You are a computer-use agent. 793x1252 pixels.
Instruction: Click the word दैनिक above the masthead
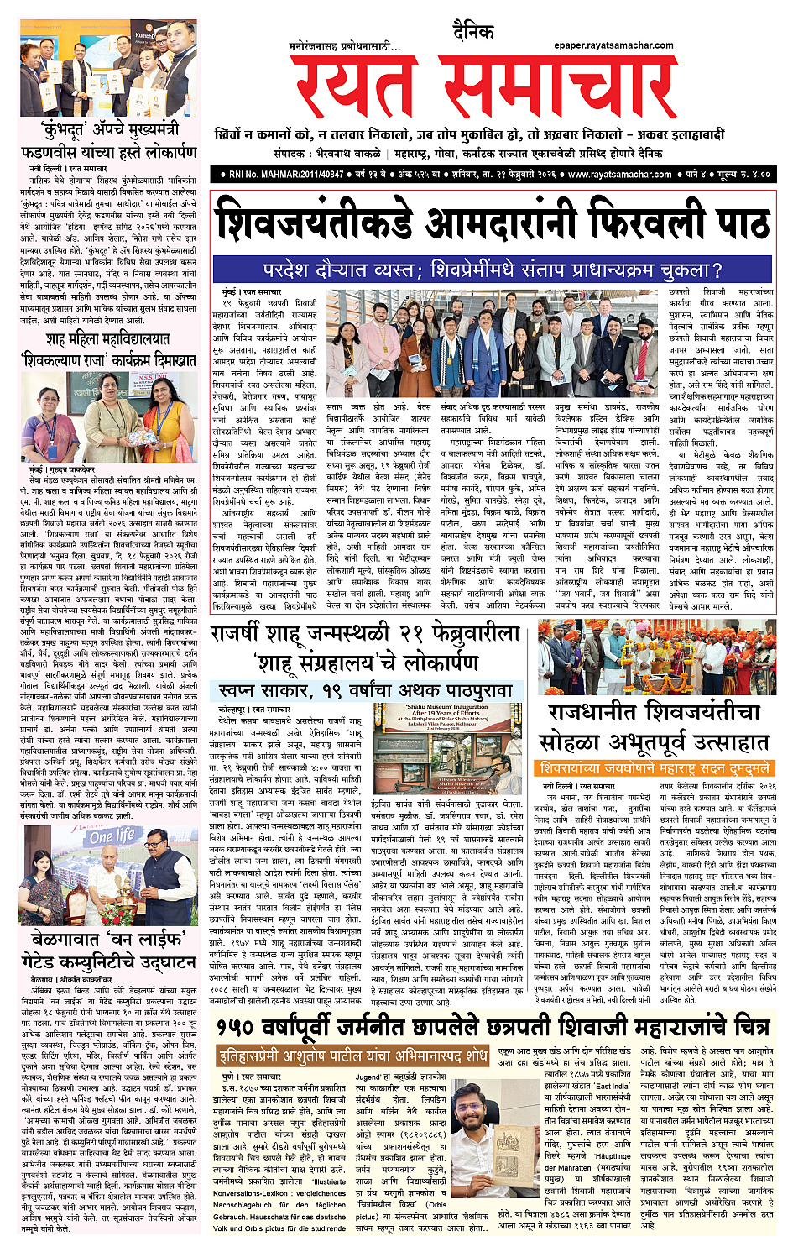(472, 32)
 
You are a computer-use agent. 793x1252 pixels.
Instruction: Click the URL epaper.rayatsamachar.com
(613, 45)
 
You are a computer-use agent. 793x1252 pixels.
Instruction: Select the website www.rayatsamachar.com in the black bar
(620, 175)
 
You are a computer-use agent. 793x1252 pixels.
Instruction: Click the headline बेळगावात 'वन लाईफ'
(108, 938)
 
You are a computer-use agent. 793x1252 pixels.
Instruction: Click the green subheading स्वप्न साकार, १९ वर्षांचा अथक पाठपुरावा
(365, 690)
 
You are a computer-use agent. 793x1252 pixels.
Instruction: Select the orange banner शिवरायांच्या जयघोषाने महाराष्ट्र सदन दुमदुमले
(654, 767)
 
